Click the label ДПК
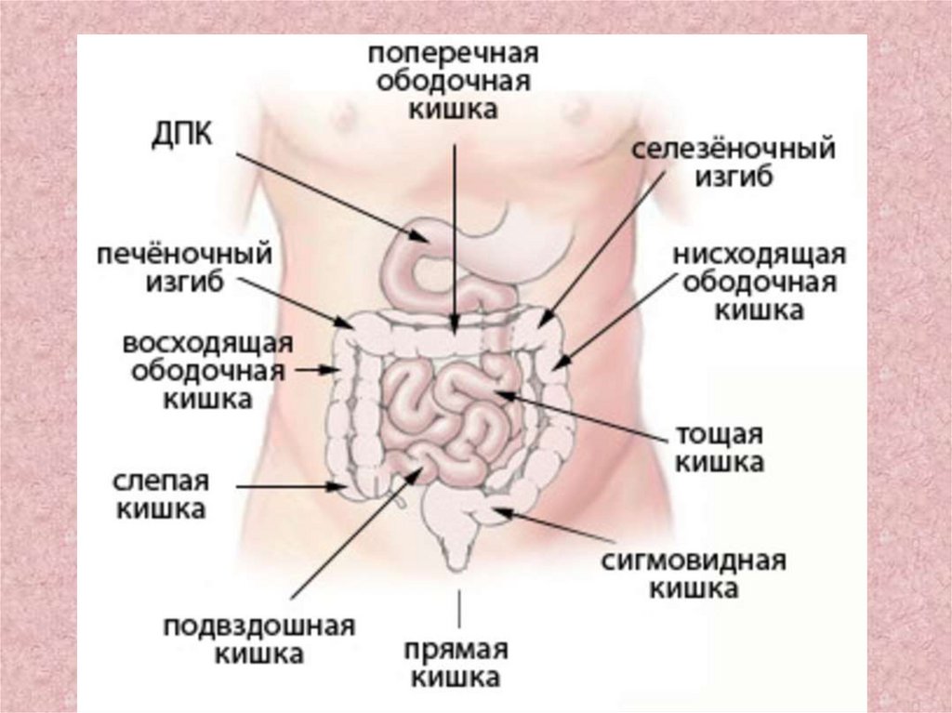click(x=182, y=135)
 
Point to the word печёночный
click(x=188, y=253)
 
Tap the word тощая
click(x=720, y=435)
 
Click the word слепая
click(x=161, y=482)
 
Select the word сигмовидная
click(x=694, y=561)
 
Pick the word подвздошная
click(x=259, y=625)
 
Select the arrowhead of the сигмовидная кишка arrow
click(x=497, y=508)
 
